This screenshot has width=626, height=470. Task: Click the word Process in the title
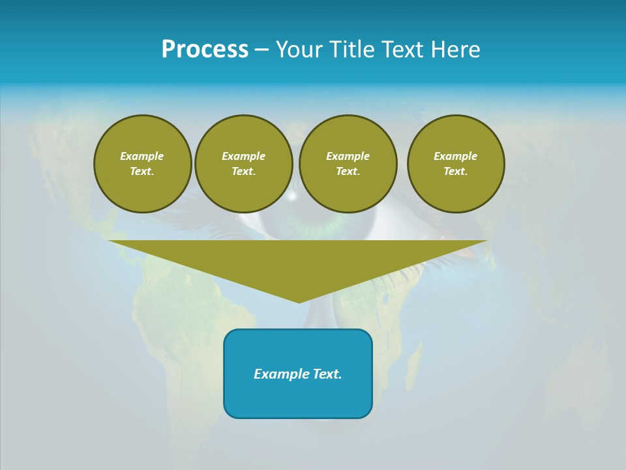click(x=205, y=50)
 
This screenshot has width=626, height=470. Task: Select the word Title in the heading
click(x=353, y=50)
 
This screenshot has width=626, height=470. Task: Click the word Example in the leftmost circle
click(x=142, y=156)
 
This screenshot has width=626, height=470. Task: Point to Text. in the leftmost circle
click(x=142, y=172)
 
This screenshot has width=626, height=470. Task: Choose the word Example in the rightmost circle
click(x=456, y=156)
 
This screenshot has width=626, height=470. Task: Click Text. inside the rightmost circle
click(x=456, y=172)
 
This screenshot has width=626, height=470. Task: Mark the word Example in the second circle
click(x=244, y=156)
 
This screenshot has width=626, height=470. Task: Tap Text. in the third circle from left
click(x=348, y=172)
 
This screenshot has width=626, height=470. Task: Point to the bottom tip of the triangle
click(x=299, y=301)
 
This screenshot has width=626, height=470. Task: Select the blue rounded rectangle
click(x=298, y=398)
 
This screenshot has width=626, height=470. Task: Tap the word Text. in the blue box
click(x=325, y=374)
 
